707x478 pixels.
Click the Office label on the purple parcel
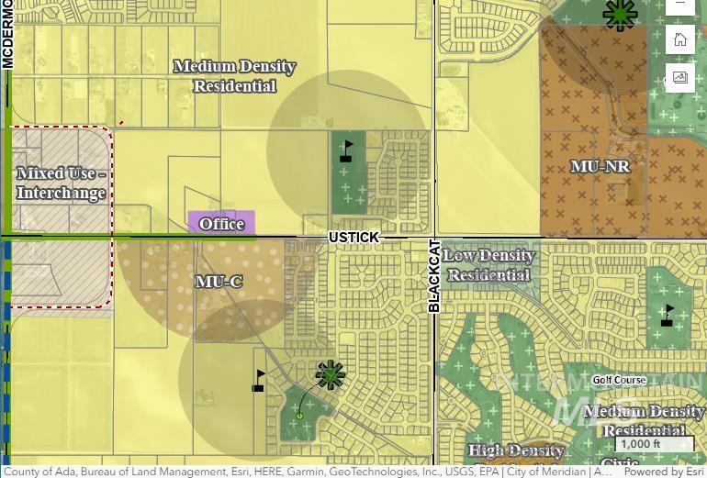[x=221, y=223]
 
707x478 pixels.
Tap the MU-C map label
[x=219, y=281]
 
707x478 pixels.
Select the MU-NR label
[x=600, y=167]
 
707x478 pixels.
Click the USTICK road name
[x=353, y=238]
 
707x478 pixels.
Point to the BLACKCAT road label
[x=435, y=276]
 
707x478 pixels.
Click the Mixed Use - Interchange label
[x=61, y=183]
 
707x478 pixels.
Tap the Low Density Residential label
[x=489, y=265]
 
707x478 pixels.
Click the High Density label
[x=516, y=450]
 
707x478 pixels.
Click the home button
[x=680, y=39]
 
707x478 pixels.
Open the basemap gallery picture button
[x=680, y=77]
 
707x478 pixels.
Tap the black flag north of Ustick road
[x=346, y=150]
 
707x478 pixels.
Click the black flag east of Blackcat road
[x=668, y=316]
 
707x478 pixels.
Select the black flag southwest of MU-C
[x=259, y=381]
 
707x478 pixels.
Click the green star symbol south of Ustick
[x=331, y=374]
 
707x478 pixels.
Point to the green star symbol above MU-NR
[x=620, y=14]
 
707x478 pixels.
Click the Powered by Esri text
[x=665, y=472]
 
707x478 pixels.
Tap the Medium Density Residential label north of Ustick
[x=234, y=76]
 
